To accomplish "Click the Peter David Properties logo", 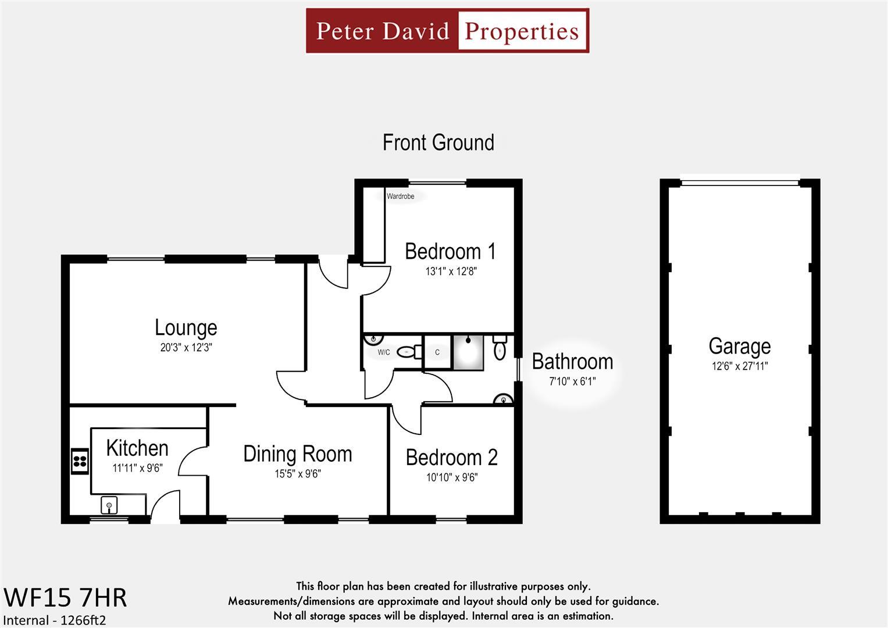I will coord(447,31).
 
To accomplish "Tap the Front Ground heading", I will coord(438,142).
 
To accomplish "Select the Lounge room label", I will coord(186,327).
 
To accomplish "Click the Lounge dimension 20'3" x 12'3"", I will coord(186,348).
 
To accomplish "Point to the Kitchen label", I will coord(137,448).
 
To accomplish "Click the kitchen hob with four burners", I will coord(80,462).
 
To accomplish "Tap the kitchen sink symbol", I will coord(109,505).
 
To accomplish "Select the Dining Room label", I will coord(297,454).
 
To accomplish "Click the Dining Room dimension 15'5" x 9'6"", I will coord(297,474).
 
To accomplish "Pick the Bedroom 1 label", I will coord(450,251).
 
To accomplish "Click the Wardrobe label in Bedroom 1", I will coord(401,197).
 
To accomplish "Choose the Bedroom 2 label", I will coord(451,458).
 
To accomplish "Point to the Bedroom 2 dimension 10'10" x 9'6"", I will coord(451,477).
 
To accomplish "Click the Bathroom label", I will coord(572,362).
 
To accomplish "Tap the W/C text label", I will coord(384,352).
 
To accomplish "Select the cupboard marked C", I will coord(437,352).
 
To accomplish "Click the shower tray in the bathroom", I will coord(468,352).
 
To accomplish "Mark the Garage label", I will coord(739,346).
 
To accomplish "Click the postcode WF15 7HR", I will coord(65,598).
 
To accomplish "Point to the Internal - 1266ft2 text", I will coord(55,620).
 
